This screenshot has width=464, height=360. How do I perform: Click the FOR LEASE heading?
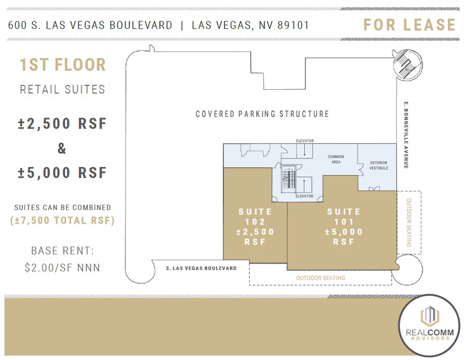[409, 25]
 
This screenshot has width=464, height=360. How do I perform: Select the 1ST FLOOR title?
[62, 65]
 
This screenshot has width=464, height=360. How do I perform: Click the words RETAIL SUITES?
[62, 90]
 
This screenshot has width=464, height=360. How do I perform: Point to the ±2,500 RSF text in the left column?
[62, 123]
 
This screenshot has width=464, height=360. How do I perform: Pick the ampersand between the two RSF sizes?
[62, 148]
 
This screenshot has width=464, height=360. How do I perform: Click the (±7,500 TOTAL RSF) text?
[62, 220]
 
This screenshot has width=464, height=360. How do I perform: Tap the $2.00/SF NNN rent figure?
[62, 267]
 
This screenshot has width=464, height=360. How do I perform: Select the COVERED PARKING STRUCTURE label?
[262, 114]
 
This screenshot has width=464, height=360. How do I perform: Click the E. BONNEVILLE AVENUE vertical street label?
[405, 135]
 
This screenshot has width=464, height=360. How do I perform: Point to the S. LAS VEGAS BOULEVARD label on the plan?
[201, 268]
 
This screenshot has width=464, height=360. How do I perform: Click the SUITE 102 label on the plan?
[255, 227]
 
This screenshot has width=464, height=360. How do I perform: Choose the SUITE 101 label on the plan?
[343, 227]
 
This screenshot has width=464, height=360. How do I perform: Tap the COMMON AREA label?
[335, 160]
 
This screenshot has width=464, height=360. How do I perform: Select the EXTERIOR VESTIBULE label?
[378, 165]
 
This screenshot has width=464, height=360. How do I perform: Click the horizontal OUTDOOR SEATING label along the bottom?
[320, 278]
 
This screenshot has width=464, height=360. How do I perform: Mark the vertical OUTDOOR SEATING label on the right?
[409, 223]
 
